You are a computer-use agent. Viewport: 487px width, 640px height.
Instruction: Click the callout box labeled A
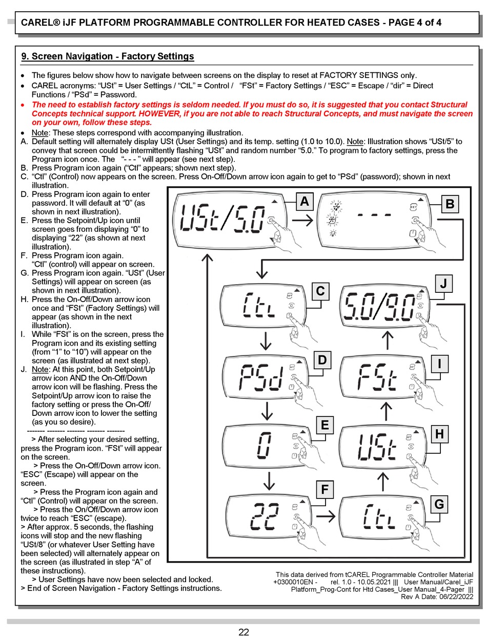point(305,202)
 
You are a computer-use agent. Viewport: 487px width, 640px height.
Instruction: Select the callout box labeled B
point(450,204)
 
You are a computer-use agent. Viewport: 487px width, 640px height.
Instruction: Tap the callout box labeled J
point(443,284)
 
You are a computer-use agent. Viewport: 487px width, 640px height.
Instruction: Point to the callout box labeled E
point(324,425)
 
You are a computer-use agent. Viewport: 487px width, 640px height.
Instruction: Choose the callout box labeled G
point(439,504)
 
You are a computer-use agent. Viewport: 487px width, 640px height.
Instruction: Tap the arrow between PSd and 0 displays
point(266,410)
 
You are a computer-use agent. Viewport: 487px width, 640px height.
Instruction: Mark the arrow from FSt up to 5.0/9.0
point(388,341)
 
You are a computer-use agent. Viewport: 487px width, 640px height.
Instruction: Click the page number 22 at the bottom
point(243,632)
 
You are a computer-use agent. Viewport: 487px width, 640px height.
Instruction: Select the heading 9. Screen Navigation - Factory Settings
point(108,56)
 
